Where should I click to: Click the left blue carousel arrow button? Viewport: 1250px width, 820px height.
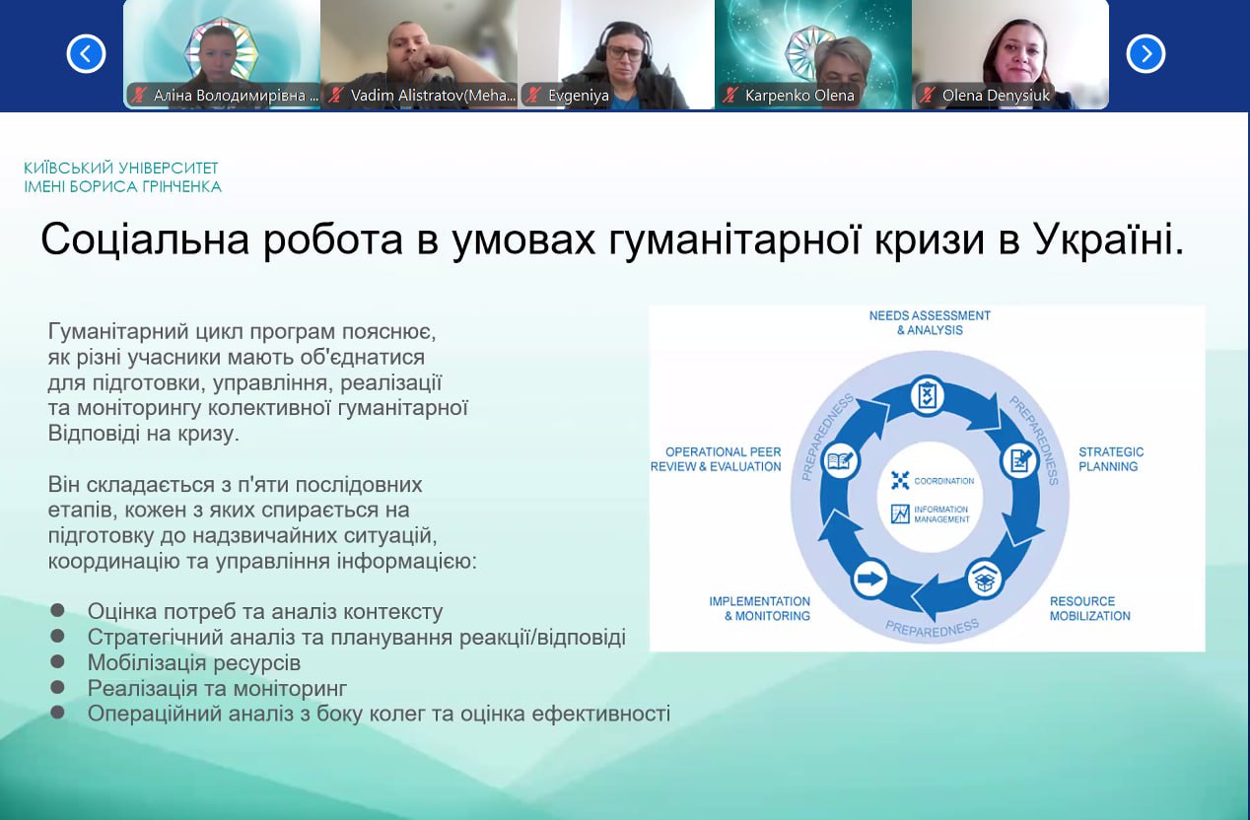pyautogui.click(x=86, y=53)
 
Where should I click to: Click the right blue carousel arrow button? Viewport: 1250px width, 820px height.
pyautogui.click(x=1146, y=53)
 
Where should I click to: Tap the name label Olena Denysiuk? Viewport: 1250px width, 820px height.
pyautogui.click(x=997, y=96)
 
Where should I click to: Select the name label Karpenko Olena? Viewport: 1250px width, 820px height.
pyautogui.click(x=799, y=96)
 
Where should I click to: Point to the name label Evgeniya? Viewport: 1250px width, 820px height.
pyautogui.click(x=579, y=96)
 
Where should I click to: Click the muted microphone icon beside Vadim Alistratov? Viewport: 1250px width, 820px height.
pyautogui.click(x=336, y=96)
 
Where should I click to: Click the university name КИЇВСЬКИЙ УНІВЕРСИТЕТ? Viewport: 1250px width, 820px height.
pyautogui.click(x=121, y=169)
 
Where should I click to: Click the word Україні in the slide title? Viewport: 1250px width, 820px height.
pyautogui.click(x=1108, y=239)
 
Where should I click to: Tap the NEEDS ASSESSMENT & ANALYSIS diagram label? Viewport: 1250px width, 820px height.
pyautogui.click(x=930, y=322)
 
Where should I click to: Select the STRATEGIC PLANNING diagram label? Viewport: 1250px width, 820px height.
pyautogui.click(x=1111, y=459)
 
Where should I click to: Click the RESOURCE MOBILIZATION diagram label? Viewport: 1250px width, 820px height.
pyautogui.click(x=1089, y=608)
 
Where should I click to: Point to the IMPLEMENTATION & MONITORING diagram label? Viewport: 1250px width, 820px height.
pyautogui.click(x=759, y=608)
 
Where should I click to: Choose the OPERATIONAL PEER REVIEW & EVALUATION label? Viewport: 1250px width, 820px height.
pyautogui.click(x=716, y=459)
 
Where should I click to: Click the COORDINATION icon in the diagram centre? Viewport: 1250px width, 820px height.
pyautogui.click(x=900, y=481)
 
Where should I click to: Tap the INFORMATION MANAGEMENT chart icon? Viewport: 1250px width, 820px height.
pyautogui.click(x=900, y=513)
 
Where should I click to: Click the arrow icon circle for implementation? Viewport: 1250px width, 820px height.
pyautogui.click(x=870, y=579)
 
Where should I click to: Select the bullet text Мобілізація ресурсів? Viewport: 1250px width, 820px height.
pyautogui.click(x=194, y=662)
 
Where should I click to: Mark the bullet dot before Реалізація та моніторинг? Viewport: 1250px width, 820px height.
pyautogui.click(x=58, y=687)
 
